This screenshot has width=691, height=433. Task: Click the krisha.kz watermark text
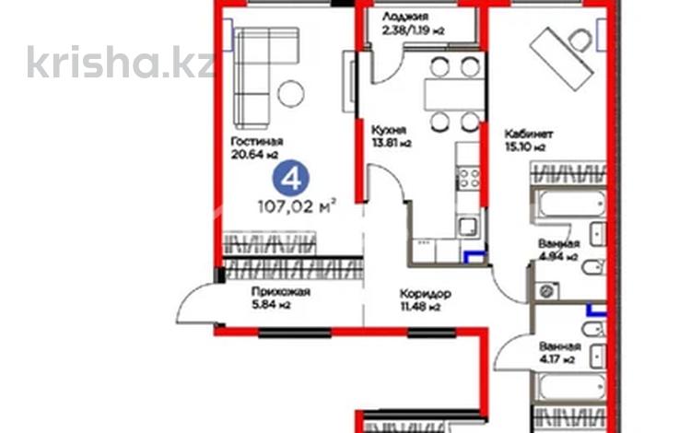[120, 62]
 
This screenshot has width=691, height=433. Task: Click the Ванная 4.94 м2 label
[558, 250]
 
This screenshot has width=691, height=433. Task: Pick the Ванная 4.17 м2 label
[557, 353]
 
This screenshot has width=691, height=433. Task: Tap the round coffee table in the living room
[292, 93]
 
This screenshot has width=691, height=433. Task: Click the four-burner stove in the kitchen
[470, 178]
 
